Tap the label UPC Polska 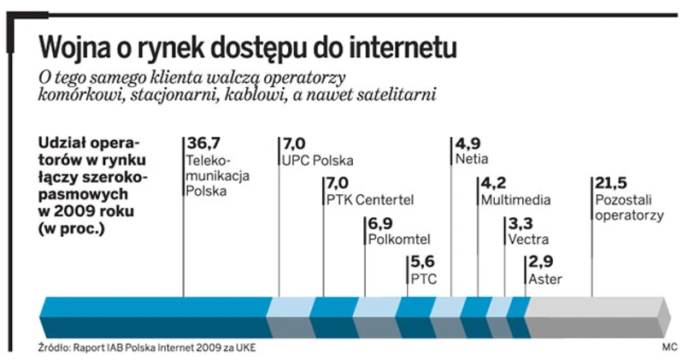(x=316, y=160)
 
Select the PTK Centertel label (x=370, y=200)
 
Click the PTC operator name (x=424, y=279)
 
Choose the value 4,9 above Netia (x=468, y=143)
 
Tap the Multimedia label (x=515, y=200)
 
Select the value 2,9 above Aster (x=542, y=263)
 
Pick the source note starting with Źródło (x=146, y=348)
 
